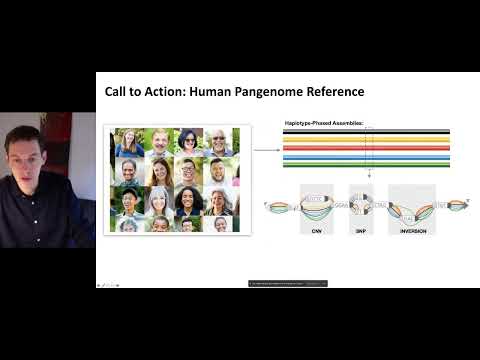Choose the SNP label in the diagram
(x=361, y=231)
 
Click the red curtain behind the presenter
(x=54, y=135)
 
